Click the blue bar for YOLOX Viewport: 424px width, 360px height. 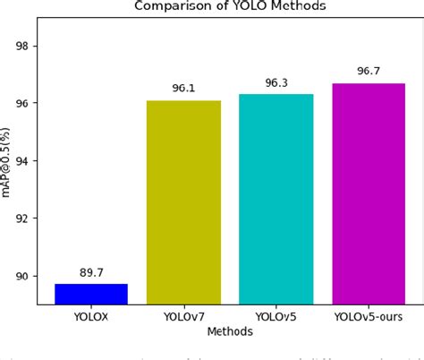point(90,294)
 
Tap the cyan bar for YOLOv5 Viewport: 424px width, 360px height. point(276,199)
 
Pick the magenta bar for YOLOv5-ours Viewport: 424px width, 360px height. point(368,193)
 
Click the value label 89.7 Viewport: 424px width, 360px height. point(90,273)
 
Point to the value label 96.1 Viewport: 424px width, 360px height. point(183,89)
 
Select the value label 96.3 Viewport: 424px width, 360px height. point(276,83)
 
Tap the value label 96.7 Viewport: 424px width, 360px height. point(368,72)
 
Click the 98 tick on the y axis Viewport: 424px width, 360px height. point(25,47)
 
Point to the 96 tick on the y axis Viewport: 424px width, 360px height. point(25,104)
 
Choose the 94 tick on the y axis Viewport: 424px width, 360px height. point(25,161)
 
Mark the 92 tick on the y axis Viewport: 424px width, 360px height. point(25,219)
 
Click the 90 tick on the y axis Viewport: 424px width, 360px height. point(25,276)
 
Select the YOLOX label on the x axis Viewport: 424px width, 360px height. point(90,317)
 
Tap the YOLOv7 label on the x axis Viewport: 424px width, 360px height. point(183,317)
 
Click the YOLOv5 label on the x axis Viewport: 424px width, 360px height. point(276,317)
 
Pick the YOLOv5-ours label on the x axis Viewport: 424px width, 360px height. point(368,317)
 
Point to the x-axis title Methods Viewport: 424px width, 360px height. point(229,331)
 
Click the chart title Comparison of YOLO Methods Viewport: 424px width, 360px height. point(229,5)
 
